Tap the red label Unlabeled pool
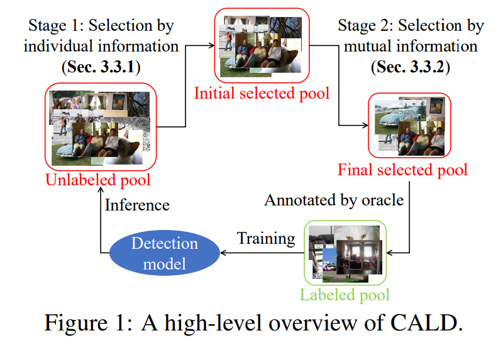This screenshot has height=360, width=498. (x=98, y=180)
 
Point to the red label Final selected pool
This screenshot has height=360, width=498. (x=402, y=170)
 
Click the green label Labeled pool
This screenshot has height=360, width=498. (x=345, y=294)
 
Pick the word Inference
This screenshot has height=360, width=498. (x=137, y=205)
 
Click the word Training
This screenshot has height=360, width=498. (x=265, y=239)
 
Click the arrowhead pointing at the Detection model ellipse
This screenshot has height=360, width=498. (x=221, y=253)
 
